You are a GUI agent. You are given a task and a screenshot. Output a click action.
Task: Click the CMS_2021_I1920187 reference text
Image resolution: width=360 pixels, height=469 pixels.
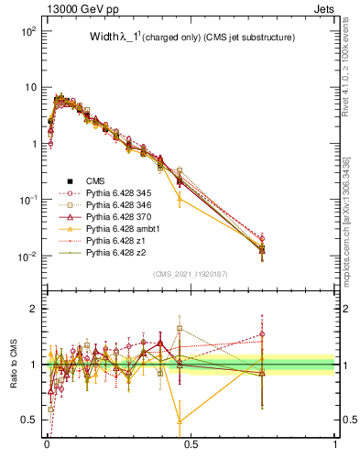point(190,274)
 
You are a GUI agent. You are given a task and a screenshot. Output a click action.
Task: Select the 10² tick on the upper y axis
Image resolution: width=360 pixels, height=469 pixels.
point(28,31)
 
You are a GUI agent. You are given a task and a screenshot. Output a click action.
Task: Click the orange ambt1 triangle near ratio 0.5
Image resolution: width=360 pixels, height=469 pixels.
point(180,421)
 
